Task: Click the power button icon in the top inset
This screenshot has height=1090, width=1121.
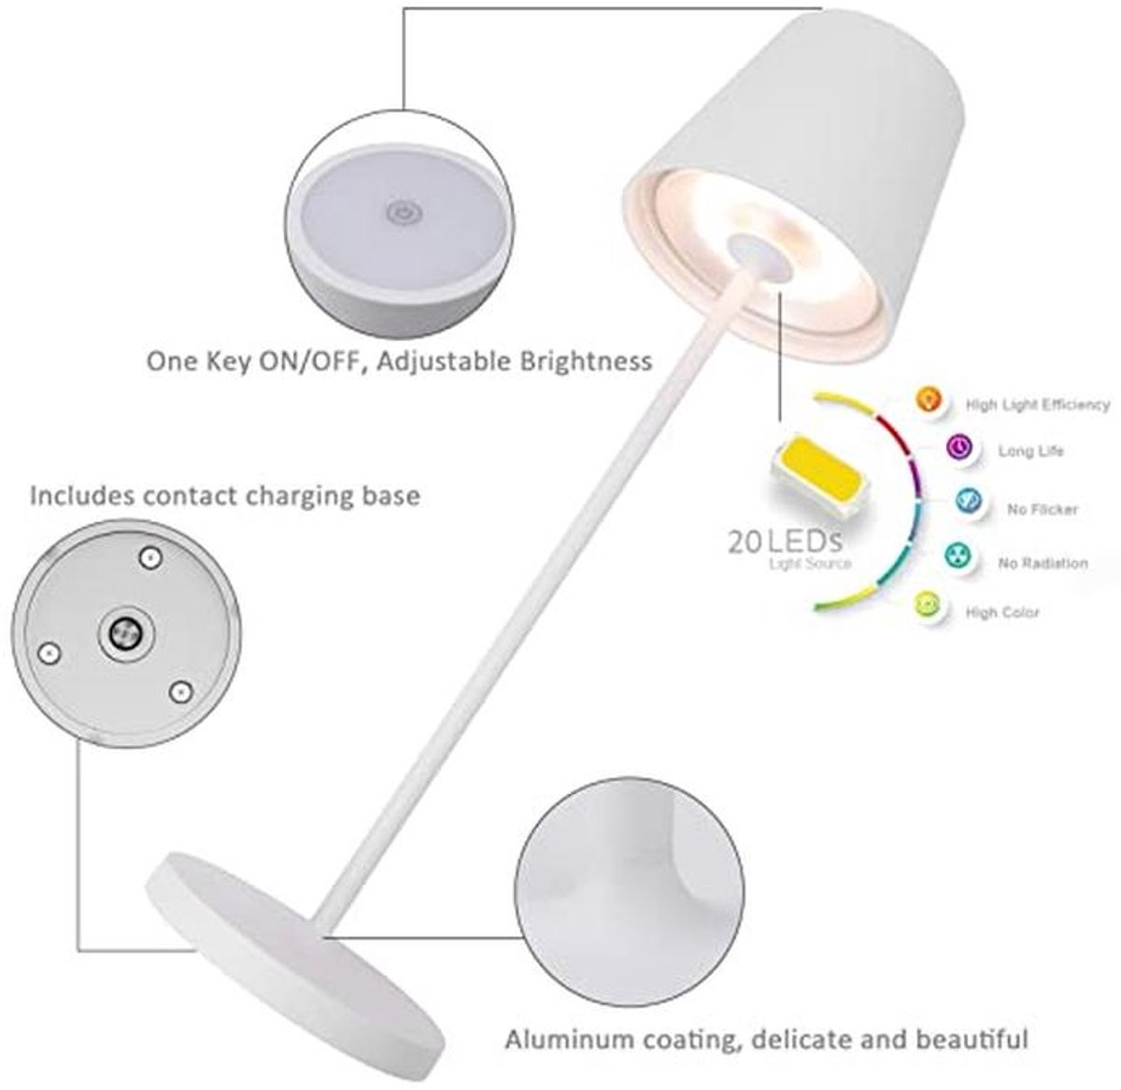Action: click(405, 214)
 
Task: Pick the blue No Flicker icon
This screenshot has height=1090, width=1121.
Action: click(969, 500)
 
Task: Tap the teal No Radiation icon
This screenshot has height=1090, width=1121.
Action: click(958, 556)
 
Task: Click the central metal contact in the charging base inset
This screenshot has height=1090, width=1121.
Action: click(126, 633)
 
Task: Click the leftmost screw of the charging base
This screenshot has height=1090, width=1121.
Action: click(49, 653)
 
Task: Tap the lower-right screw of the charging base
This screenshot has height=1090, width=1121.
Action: click(181, 691)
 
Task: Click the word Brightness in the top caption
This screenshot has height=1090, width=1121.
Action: click(586, 362)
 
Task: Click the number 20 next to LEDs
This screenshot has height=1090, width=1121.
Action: click(745, 542)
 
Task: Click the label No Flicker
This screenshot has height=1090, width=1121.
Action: click(1042, 509)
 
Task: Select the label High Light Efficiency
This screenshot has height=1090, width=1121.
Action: click(1038, 404)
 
